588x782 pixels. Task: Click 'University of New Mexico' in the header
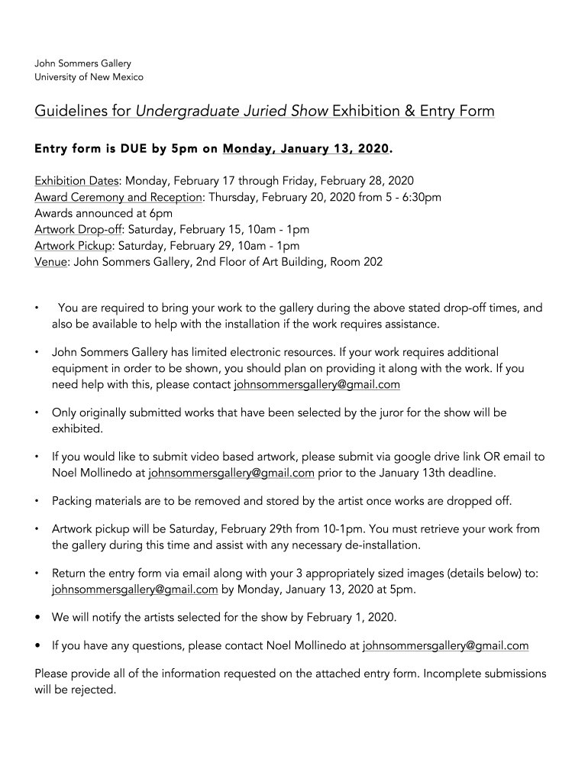[89, 77]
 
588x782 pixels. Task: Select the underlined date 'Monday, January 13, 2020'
[305, 149]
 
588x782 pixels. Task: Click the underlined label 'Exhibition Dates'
[76, 181]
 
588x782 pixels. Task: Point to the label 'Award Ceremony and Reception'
[118, 197]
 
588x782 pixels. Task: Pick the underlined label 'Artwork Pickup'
[73, 246]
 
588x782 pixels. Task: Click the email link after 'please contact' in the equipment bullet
[317, 385]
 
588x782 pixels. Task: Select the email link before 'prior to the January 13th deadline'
[231, 473]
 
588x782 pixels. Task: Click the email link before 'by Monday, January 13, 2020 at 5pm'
[134, 590]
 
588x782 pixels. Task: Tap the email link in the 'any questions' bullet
[445, 645]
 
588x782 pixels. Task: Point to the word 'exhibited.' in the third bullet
[77, 429]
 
